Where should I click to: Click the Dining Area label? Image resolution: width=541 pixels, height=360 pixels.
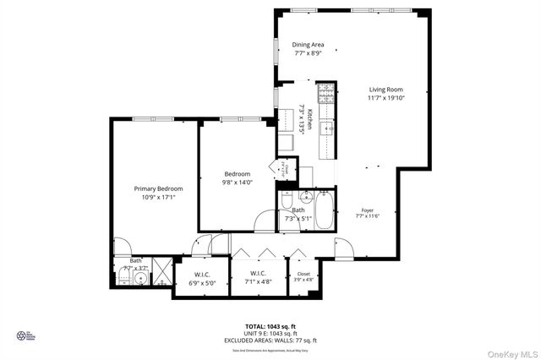[308, 45]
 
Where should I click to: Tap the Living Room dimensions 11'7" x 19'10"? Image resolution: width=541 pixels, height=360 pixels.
[385, 98]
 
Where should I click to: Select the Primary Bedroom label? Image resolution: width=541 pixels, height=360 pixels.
[159, 188]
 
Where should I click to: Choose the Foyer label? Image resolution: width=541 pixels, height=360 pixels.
[368, 210]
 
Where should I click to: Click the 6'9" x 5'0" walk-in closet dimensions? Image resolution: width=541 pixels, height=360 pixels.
[202, 283]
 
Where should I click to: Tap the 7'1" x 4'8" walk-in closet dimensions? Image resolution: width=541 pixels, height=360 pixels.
[258, 282]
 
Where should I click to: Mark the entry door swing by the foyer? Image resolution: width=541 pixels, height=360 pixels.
[344, 248]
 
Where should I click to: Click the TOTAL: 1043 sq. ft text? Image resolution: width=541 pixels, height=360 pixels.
[270, 325]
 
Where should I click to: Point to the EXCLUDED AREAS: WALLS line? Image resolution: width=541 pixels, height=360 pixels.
[270, 339]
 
